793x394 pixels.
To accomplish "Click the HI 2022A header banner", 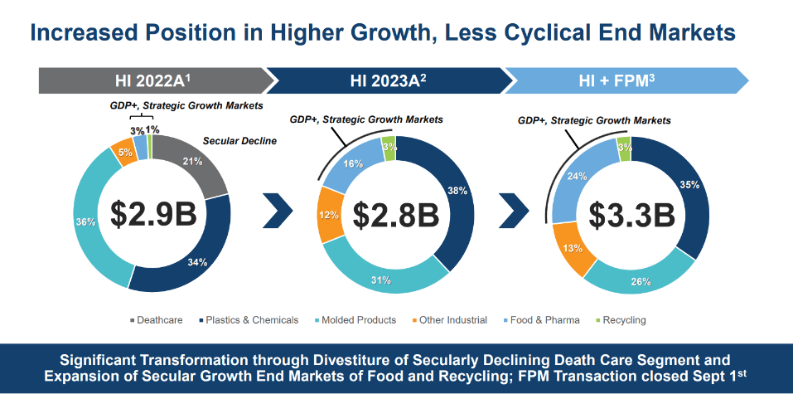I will [156, 81].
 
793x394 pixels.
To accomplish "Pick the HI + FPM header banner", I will [627, 81].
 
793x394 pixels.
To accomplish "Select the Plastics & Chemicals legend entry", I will [251, 320].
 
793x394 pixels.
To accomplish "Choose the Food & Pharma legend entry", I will [540, 320].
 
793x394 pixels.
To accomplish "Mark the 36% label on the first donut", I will [86, 222].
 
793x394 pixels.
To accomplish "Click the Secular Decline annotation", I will [240, 141].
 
